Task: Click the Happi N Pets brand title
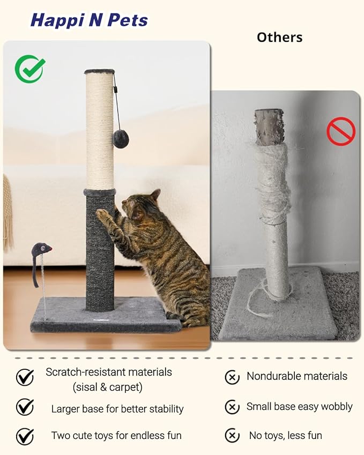tap(89, 20)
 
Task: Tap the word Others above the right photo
tap(279, 38)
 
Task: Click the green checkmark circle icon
tap(30, 69)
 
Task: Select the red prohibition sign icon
tap(341, 132)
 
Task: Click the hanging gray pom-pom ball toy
tap(121, 139)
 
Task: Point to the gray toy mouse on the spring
tap(41, 249)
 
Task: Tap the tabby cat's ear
tap(155, 195)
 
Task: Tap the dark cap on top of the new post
tap(100, 72)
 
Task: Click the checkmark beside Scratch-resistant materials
tap(25, 377)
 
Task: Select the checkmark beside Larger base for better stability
tap(25, 407)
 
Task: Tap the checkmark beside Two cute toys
tap(25, 436)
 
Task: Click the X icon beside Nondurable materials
tap(232, 377)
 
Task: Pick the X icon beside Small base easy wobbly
tap(232, 407)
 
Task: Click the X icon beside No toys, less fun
tap(232, 435)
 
